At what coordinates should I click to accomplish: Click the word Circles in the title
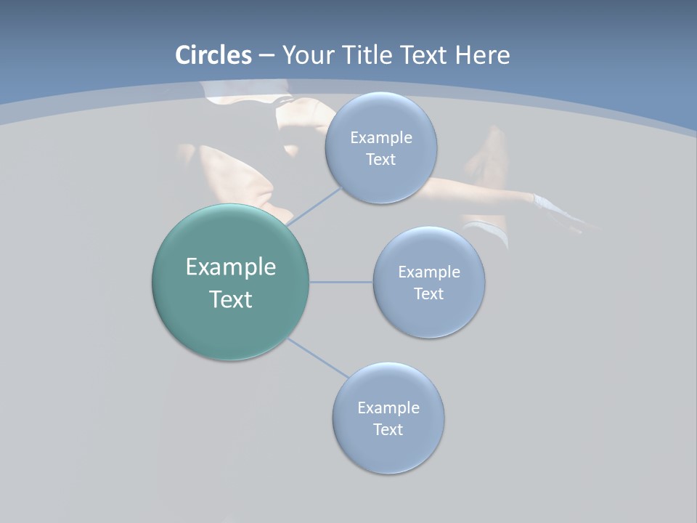pos(213,55)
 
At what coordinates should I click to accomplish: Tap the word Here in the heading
pos(482,55)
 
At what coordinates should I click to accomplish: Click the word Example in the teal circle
pos(231,267)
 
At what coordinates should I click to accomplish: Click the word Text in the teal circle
pos(231,299)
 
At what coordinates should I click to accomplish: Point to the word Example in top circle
pos(381,138)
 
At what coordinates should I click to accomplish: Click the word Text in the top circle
pos(381,160)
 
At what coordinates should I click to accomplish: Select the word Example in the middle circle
pos(429,272)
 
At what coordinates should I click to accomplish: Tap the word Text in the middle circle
pos(429,294)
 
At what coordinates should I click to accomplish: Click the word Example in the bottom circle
pos(388,408)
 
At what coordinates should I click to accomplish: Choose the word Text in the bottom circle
pos(388,430)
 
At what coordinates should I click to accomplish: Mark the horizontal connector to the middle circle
pos(341,282)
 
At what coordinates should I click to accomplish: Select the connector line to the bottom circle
pos(318,358)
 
